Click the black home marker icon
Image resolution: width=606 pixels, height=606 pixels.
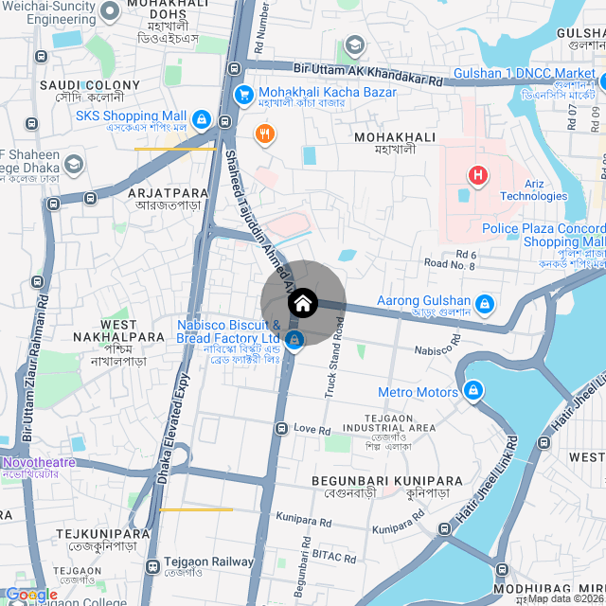click(303, 304)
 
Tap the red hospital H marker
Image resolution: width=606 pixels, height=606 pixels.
click(479, 175)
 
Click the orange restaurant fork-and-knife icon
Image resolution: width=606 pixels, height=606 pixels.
click(264, 134)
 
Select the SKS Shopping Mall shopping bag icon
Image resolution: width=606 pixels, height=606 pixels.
click(201, 119)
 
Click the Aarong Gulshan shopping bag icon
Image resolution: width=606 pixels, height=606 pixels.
click(485, 303)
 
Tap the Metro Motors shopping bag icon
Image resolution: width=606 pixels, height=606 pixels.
click(472, 390)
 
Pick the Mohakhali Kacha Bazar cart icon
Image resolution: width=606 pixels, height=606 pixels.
click(243, 94)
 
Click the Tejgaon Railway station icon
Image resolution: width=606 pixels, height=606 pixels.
click(152, 565)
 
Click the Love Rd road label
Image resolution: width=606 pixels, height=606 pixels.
click(312, 429)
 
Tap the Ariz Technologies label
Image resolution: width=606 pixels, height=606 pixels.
click(534, 189)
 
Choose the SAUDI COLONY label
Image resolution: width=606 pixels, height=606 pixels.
click(90, 85)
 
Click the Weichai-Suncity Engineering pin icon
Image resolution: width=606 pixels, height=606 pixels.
click(109, 11)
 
